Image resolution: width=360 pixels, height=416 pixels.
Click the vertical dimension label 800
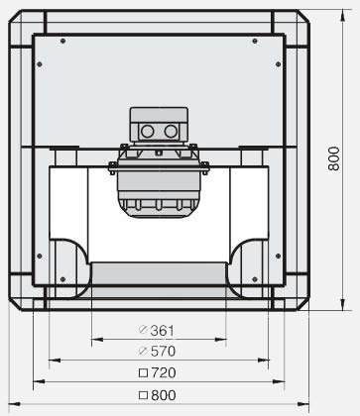pyautogui.click(x=334, y=158)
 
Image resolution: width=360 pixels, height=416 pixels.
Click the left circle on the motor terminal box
pyautogui.click(x=148, y=132)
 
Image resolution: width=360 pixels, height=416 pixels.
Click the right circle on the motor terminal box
pyautogui.click(x=171, y=132)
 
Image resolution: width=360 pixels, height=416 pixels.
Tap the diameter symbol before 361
pyautogui.click(x=143, y=330)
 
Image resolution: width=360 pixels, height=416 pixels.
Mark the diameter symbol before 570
pyautogui.click(x=143, y=351)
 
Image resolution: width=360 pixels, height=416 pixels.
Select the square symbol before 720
pyautogui.click(x=143, y=373)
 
